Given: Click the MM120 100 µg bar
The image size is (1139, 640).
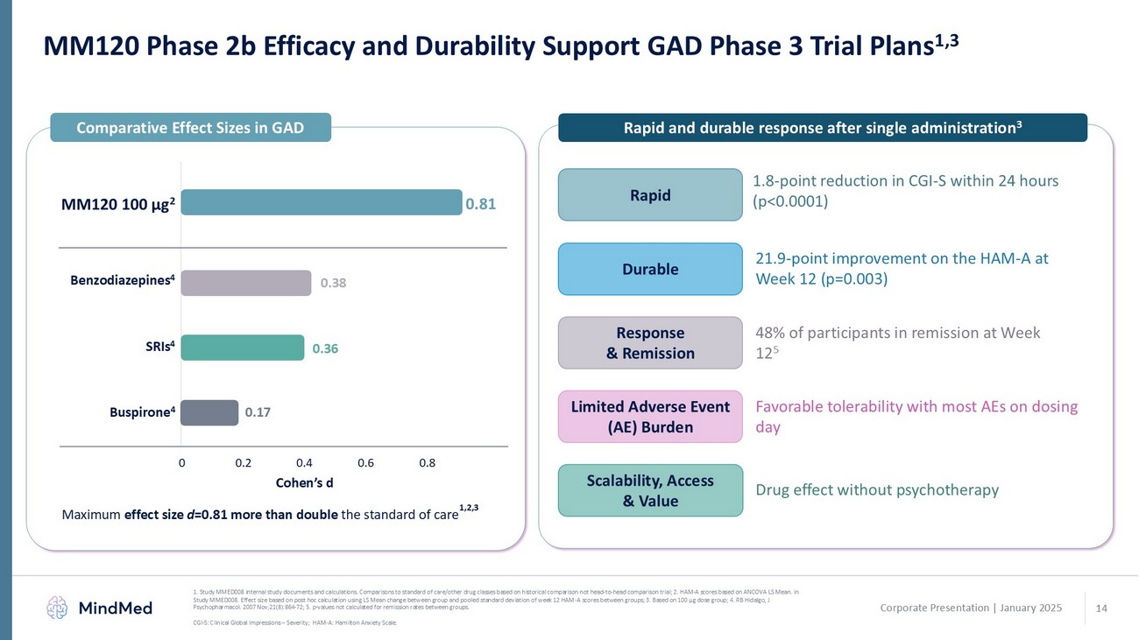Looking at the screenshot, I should pyautogui.click(x=322, y=202).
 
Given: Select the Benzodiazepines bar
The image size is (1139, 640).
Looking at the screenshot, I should pyautogui.click(x=246, y=283).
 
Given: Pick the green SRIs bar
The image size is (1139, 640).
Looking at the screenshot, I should pyautogui.click(x=243, y=348).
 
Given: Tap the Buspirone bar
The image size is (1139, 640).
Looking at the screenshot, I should pyautogui.click(x=209, y=412).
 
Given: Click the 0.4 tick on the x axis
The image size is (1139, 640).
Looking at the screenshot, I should pyautogui.click(x=304, y=462).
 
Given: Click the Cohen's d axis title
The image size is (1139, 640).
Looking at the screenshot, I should pyautogui.click(x=304, y=482).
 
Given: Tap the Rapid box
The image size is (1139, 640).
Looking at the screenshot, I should pyautogui.click(x=650, y=194).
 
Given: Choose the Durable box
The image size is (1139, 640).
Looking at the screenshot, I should pyautogui.click(x=650, y=269).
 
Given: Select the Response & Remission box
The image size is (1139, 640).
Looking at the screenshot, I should pyautogui.click(x=650, y=342).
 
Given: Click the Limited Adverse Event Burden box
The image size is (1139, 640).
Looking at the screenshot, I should pyautogui.click(x=650, y=417).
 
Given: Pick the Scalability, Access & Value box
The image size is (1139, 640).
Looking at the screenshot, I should pyautogui.click(x=650, y=490).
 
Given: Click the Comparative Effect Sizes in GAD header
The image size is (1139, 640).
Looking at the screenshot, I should pyautogui.click(x=190, y=128).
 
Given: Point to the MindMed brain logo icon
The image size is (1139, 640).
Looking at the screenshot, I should pyautogui.click(x=57, y=607).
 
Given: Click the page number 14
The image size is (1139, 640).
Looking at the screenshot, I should pyautogui.click(x=1102, y=608).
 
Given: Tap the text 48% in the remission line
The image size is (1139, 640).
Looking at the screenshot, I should pyautogui.click(x=771, y=333).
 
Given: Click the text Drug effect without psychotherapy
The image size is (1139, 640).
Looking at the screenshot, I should pyautogui.click(x=877, y=490).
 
